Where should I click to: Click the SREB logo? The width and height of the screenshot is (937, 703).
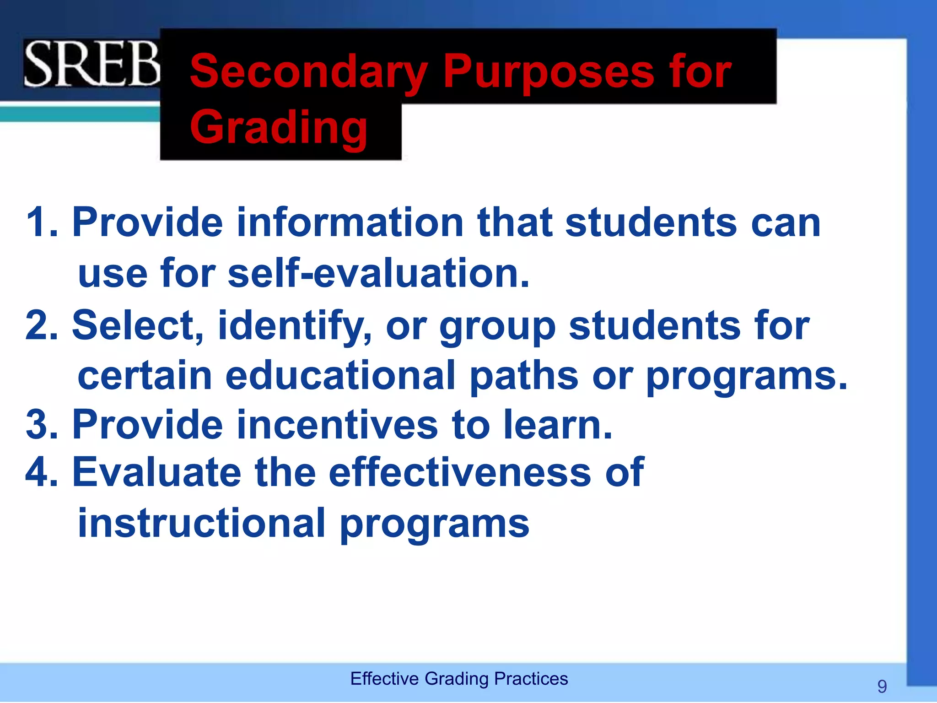point(92,64)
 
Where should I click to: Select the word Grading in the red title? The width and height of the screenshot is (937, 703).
point(279,127)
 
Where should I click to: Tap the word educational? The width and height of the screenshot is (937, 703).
point(341,375)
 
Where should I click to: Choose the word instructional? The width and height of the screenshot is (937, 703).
point(201,523)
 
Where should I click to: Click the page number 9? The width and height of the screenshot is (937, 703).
point(882,686)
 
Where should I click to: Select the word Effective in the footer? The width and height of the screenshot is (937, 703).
point(384,679)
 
